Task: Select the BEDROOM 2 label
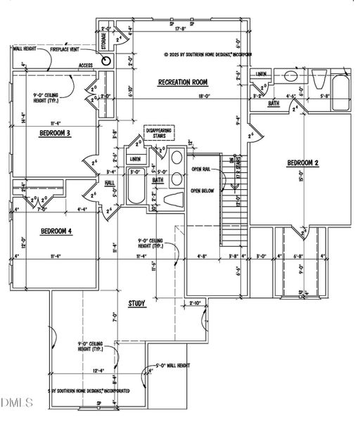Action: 303,163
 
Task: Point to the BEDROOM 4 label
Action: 56,231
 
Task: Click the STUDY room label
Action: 136,304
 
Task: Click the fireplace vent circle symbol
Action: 106,60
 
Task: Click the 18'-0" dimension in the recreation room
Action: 185,97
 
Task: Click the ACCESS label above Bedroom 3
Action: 86,65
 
